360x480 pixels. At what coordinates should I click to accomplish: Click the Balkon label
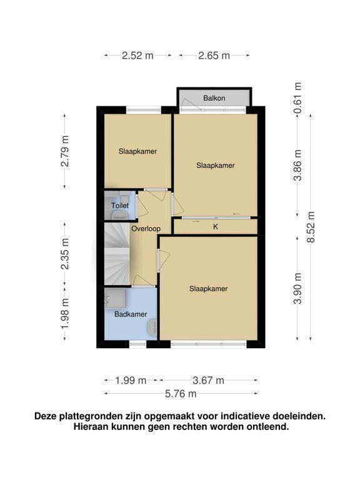pyautogui.click(x=214, y=98)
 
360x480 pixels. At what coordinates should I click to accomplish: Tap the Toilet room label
pyautogui.click(x=120, y=206)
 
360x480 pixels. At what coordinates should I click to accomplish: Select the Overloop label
pyautogui.click(x=146, y=229)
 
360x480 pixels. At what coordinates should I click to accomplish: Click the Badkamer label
pyautogui.click(x=131, y=314)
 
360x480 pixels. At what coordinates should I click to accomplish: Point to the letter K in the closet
pyautogui.click(x=216, y=227)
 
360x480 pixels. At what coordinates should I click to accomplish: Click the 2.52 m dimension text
pyautogui.click(x=137, y=56)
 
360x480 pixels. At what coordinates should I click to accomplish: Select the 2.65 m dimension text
pyautogui.click(x=214, y=56)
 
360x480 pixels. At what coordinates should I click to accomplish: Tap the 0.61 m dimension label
pyautogui.click(x=297, y=98)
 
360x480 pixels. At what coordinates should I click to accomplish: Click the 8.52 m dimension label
pyautogui.click(x=311, y=227)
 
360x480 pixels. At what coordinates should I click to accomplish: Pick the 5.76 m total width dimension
pyautogui.click(x=181, y=394)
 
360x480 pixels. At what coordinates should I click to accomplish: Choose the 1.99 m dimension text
pyautogui.click(x=131, y=381)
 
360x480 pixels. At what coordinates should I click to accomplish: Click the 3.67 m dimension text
pyautogui.click(x=209, y=381)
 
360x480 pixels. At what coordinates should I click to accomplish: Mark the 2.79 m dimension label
pyautogui.click(x=65, y=151)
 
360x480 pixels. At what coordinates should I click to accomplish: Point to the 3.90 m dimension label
pyautogui.click(x=297, y=288)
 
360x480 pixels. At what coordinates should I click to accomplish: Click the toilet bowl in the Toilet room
pyautogui.click(x=119, y=215)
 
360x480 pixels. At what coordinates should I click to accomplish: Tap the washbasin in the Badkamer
pyautogui.click(x=152, y=327)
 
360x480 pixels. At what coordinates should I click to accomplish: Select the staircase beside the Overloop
pyautogui.click(x=117, y=254)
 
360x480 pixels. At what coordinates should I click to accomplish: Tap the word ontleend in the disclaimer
pyautogui.click(x=269, y=426)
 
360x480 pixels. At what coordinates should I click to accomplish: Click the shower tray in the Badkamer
pyautogui.click(x=115, y=298)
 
